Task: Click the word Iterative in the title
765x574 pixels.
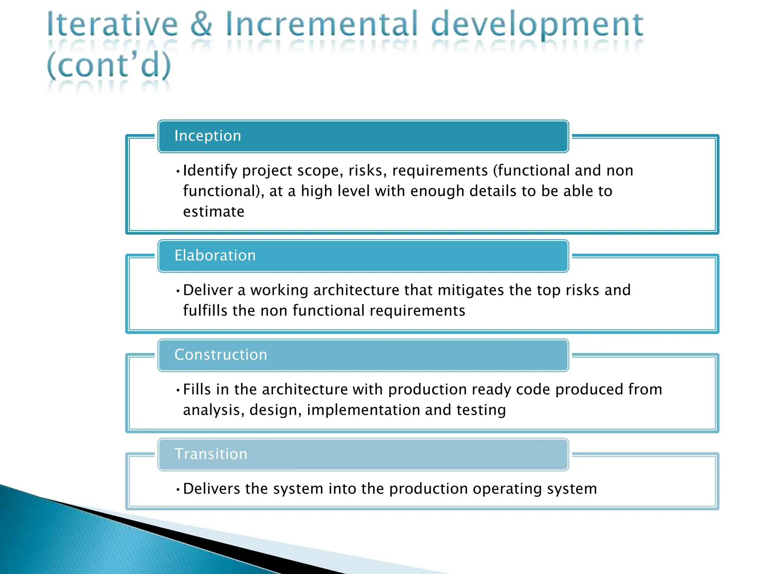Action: coord(112,25)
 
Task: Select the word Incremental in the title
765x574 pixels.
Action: coord(321,25)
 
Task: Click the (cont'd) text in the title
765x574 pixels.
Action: coord(109,65)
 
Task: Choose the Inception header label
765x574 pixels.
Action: coord(208,136)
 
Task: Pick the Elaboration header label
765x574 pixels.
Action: coord(215,255)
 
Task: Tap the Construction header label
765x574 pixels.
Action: coord(221,355)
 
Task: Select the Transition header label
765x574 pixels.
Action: coord(211,454)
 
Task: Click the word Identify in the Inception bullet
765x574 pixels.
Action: coord(210,171)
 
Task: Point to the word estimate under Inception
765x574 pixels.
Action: coord(214,212)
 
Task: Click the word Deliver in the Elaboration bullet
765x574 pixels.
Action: coord(208,290)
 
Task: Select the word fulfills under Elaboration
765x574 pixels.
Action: coord(205,311)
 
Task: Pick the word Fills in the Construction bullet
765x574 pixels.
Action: coord(197,389)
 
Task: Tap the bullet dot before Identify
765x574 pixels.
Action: coord(178,172)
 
